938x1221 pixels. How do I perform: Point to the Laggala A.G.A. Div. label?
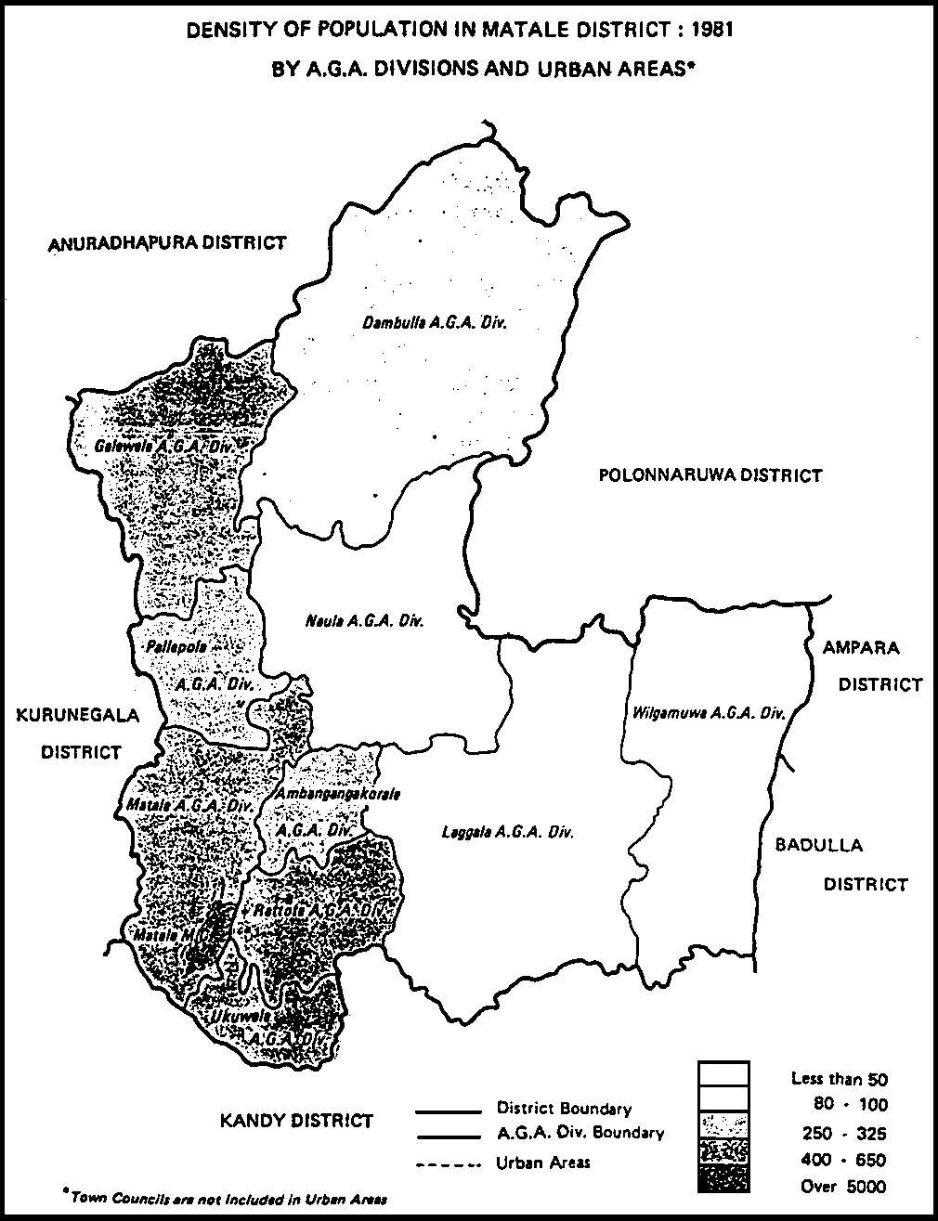(x=507, y=832)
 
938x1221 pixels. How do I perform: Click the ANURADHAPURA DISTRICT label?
(x=168, y=243)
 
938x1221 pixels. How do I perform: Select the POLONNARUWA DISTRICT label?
(x=710, y=475)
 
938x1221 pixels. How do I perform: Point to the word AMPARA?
(x=861, y=647)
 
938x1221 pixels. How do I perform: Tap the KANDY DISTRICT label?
(x=296, y=1121)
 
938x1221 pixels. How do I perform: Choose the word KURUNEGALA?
(x=77, y=716)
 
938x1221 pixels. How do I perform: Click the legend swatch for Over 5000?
(x=723, y=1182)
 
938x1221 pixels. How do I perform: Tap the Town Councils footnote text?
(x=223, y=1198)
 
